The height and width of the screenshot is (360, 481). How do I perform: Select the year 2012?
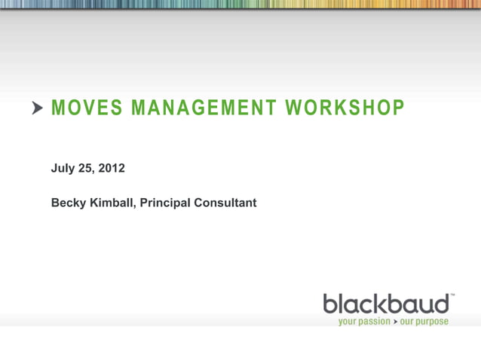[x=112, y=168]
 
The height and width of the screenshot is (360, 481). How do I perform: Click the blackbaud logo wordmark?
[x=387, y=304]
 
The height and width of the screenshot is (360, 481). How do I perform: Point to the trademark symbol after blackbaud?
[x=452, y=296]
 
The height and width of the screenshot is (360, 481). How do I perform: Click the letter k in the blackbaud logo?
[x=379, y=304]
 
